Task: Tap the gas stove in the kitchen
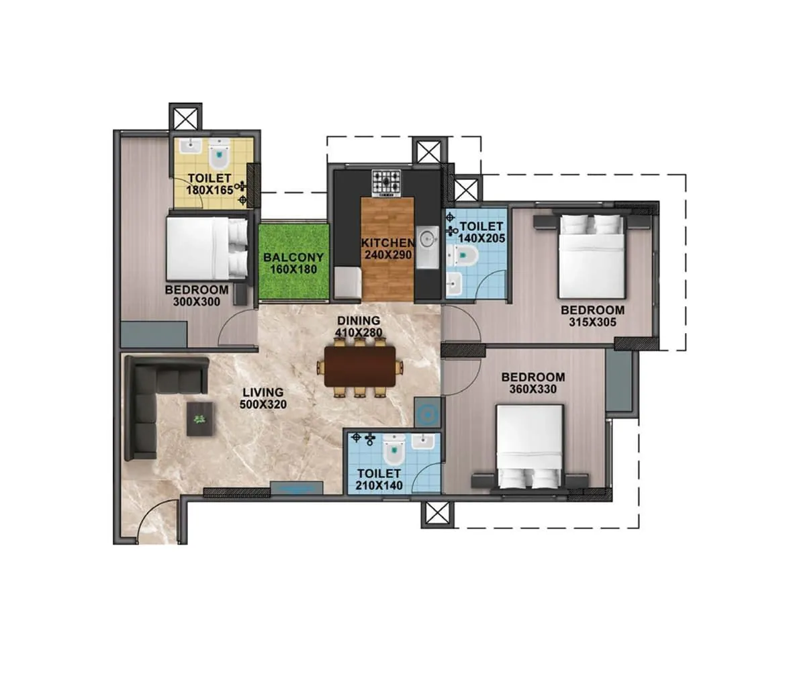coord(387,181)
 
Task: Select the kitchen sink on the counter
coord(427,238)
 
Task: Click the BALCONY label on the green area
coord(293,257)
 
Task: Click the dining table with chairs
coord(361,367)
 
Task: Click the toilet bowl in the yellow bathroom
coord(220,156)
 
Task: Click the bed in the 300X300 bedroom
coord(206,247)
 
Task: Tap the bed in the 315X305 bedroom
coord(592,255)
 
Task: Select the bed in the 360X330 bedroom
coord(528,447)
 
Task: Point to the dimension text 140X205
coord(481,238)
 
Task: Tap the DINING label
coord(359,320)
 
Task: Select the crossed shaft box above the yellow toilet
coord(185,119)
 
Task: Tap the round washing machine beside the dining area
coord(427,413)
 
